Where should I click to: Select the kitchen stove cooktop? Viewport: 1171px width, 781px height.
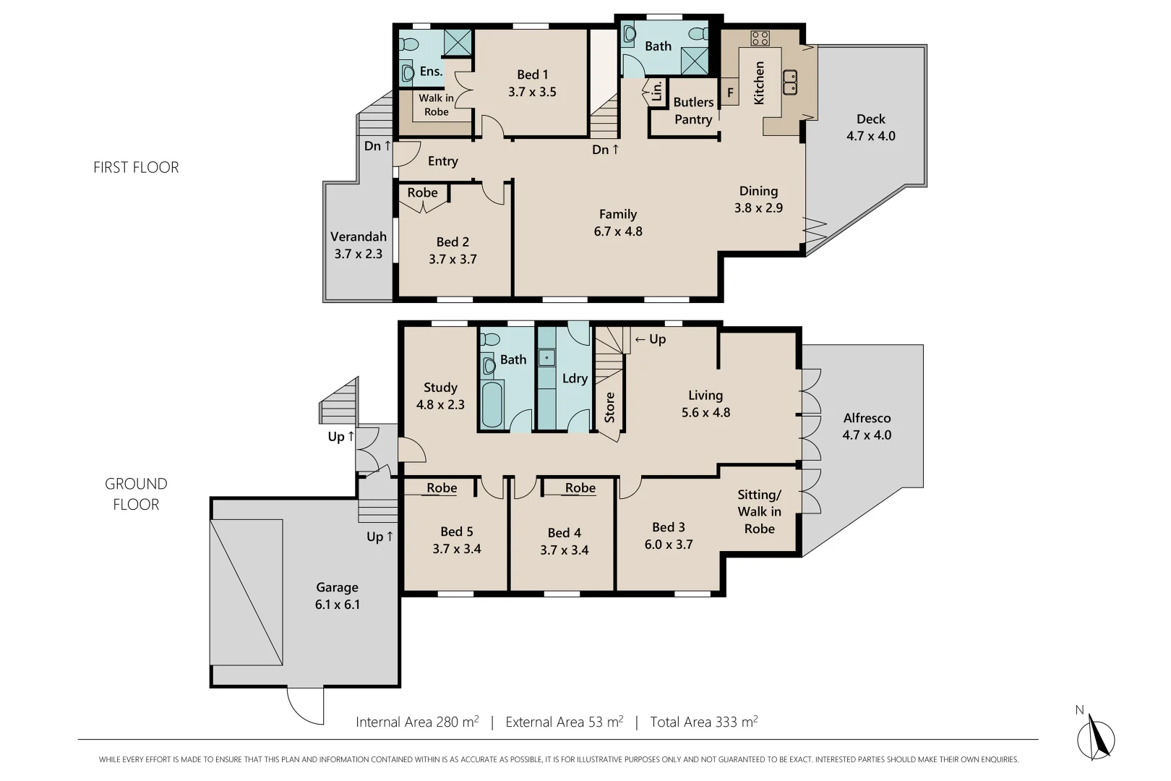click(x=760, y=38)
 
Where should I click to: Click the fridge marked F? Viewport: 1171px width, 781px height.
click(x=729, y=93)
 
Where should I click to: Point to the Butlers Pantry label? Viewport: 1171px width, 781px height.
click(x=693, y=111)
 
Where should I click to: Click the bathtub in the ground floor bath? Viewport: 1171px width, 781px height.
click(x=492, y=404)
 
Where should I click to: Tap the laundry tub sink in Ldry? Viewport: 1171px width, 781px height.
click(x=547, y=357)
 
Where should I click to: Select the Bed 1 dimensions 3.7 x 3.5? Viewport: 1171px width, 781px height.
click(x=532, y=92)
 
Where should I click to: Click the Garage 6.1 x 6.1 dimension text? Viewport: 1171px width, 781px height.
click(x=337, y=605)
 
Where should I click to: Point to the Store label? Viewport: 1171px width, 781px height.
click(x=609, y=407)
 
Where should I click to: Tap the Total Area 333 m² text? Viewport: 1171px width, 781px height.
click(x=703, y=722)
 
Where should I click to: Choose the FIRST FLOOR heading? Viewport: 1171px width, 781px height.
click(x=136, y=167)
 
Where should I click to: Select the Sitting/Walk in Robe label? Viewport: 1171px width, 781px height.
click(x=759, y=511)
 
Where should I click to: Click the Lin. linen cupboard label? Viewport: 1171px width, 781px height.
click(x=656, y=91)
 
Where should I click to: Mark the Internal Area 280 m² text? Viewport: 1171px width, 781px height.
click(x=417, y=722)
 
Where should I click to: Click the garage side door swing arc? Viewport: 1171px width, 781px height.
click(x=304, y=705)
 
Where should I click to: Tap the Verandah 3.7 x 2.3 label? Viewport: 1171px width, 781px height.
click(x=358, y=245)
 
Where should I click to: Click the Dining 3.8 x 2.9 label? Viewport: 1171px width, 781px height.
click(x=758, y=199)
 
